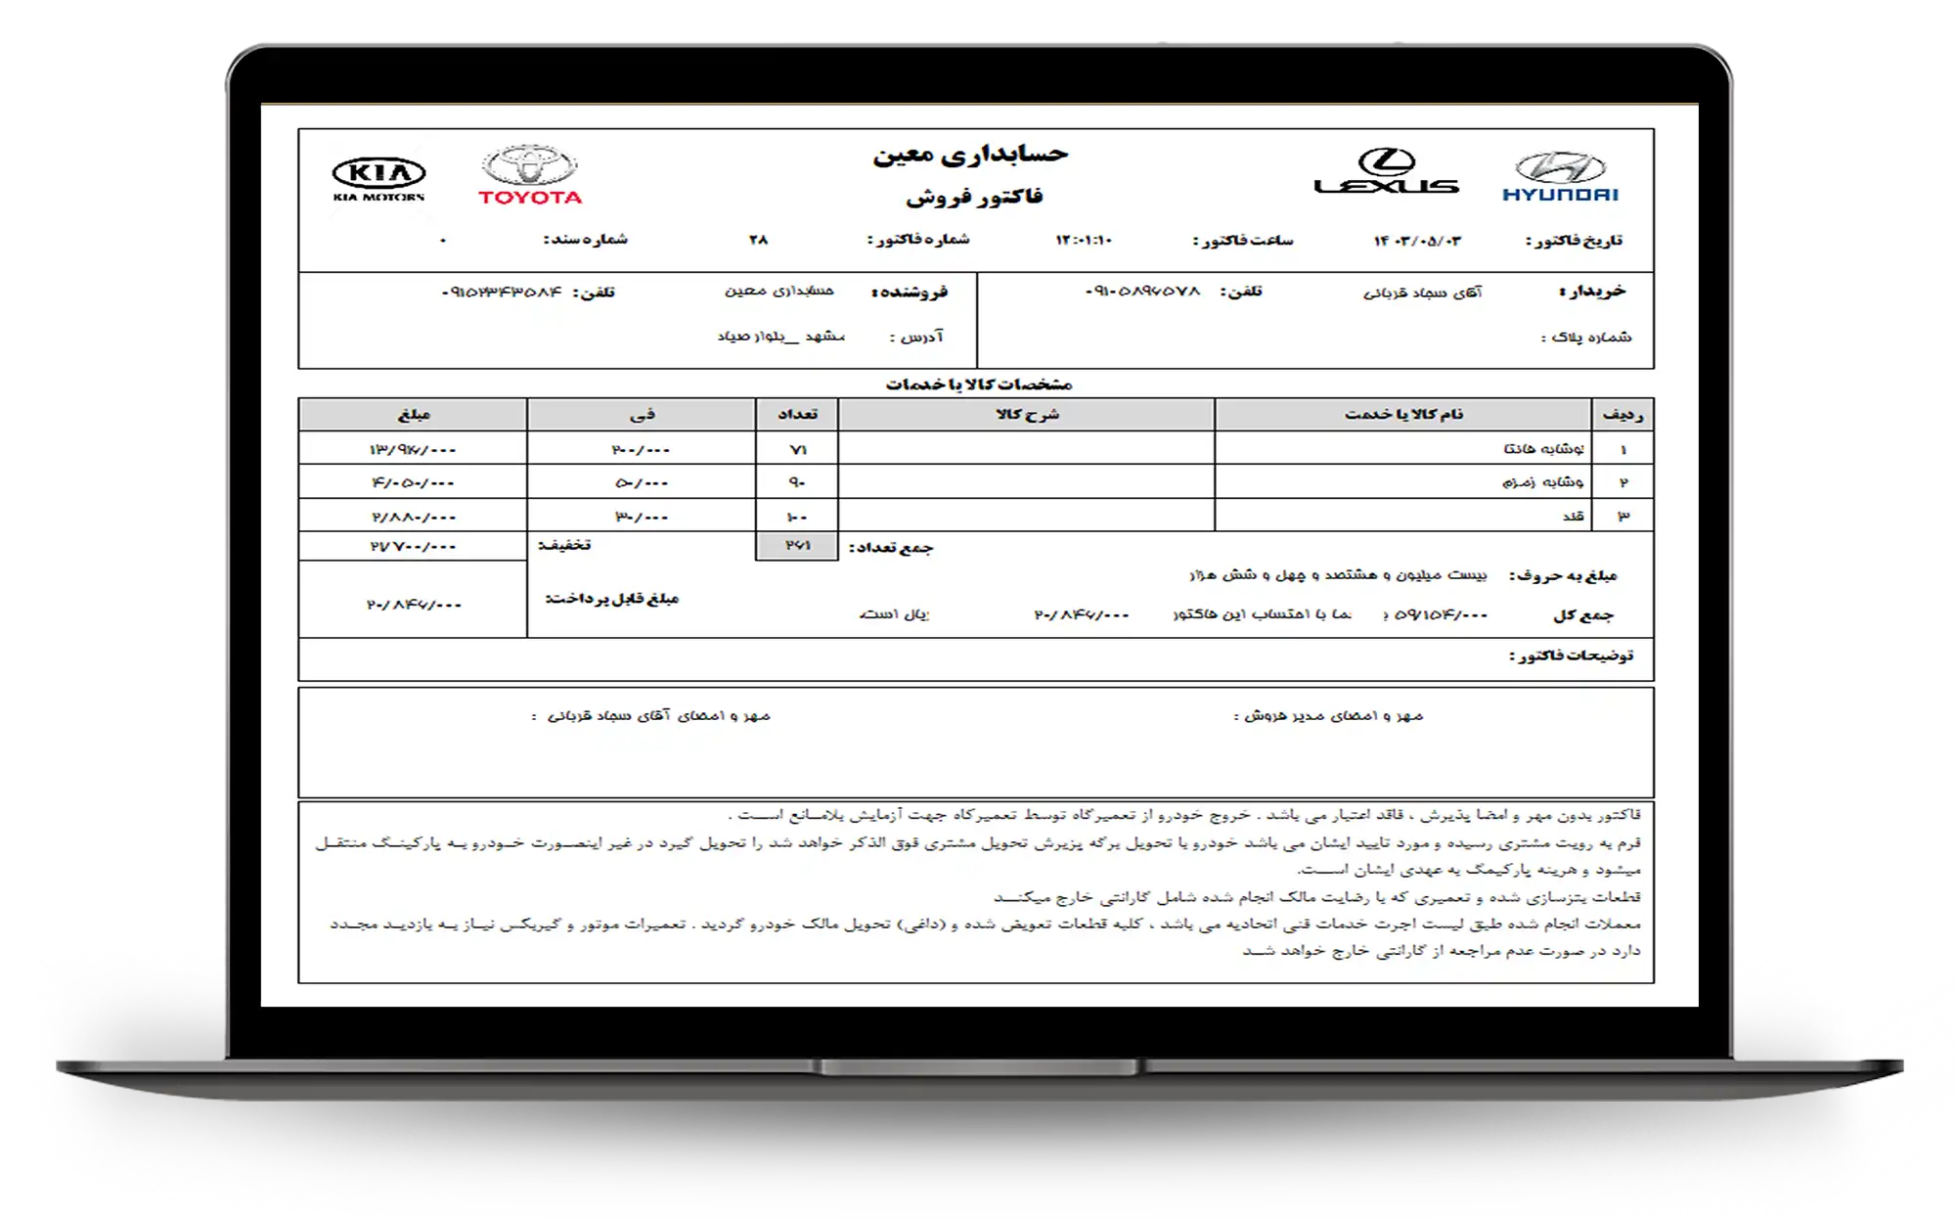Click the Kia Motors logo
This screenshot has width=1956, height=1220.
click(x=378, y=179)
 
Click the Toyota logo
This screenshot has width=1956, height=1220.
click(x=530, y=176)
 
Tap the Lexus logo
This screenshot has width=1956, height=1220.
click(x=1386, y=172)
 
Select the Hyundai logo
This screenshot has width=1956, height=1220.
click(x=1560, y=177)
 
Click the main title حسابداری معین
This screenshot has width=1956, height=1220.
click(x=970, y=155)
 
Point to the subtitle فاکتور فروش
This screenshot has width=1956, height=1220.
click(x=974, y=197)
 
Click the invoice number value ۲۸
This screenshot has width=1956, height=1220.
click(x=759, y=240)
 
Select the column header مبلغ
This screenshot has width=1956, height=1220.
click(x=413, y=415)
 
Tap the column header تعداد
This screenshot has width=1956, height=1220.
click(x=797, y=415)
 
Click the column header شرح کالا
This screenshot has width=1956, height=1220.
click(x=1027, y=415)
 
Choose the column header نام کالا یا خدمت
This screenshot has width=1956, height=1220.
click(x=1403, y=415)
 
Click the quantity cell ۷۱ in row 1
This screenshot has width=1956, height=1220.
click(x=797, y=450)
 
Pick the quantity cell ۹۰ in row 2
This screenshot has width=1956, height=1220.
click(x=797, y=482)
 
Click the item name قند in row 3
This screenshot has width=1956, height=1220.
click(x=1574, y=516)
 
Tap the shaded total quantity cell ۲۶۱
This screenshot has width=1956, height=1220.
click(x=797, y=546)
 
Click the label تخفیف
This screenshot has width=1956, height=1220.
click(x=564, y=545)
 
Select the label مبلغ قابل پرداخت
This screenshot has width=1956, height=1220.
click(x=611, y=599)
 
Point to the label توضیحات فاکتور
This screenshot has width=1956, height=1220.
click(x=1571, y=655)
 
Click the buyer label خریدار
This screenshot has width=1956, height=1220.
click(x=1592, y=292)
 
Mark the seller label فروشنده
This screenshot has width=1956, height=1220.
click(x=909, y=293)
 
